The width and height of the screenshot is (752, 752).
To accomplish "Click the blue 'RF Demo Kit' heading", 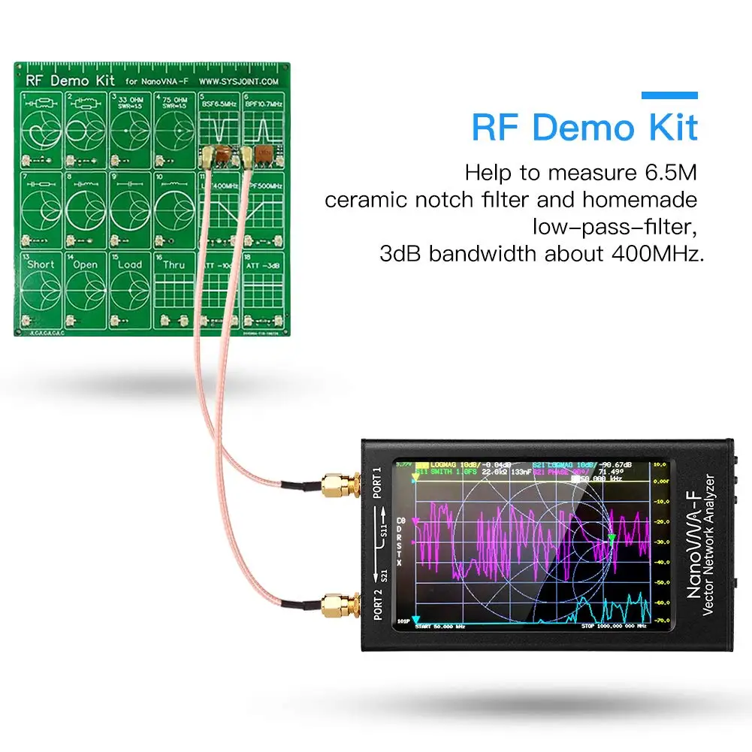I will tap(584, 128).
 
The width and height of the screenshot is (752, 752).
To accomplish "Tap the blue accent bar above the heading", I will tap(669, 95).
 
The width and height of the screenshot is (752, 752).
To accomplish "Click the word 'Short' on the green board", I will tap(41, 264).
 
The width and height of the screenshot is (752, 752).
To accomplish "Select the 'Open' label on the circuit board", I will tap(85, 264).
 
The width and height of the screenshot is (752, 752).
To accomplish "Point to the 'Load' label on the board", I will tap(129, 264).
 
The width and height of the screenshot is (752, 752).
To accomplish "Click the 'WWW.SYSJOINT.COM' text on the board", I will tap(238, 80).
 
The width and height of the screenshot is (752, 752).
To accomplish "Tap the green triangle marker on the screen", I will tap(612, 539).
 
